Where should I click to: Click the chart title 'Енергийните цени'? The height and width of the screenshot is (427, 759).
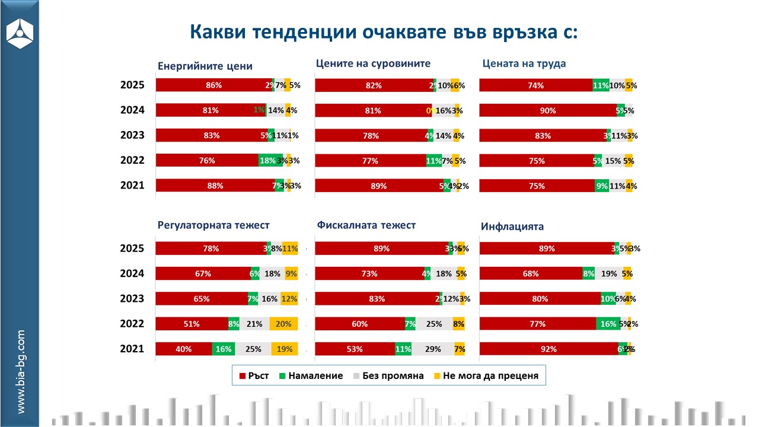[205, 66]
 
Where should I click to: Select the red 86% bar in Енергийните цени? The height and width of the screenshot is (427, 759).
[213, 85]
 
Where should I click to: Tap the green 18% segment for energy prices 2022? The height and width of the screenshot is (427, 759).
[267, 160]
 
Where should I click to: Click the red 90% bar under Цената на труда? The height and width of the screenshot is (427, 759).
[548, 110]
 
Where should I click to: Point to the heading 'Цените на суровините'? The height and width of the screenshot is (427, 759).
[373, 63]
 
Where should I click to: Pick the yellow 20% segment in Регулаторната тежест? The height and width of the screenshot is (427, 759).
[283, 324]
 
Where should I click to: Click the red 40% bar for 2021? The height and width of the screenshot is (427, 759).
[184, 349]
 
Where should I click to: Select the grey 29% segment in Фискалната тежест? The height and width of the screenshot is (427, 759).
[433, 349]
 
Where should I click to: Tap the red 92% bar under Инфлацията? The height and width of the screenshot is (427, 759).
[548, 349]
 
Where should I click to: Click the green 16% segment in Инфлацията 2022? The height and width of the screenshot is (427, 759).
[608, 324]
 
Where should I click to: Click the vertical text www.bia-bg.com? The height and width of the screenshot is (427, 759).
[21, 372]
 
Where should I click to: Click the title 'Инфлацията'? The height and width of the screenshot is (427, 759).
[512, 227]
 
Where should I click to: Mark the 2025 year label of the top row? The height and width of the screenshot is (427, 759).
[132, 85]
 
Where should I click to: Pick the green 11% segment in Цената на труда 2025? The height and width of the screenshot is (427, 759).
[601, 85]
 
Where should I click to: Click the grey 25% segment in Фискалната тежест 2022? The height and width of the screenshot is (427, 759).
[433, 324]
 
